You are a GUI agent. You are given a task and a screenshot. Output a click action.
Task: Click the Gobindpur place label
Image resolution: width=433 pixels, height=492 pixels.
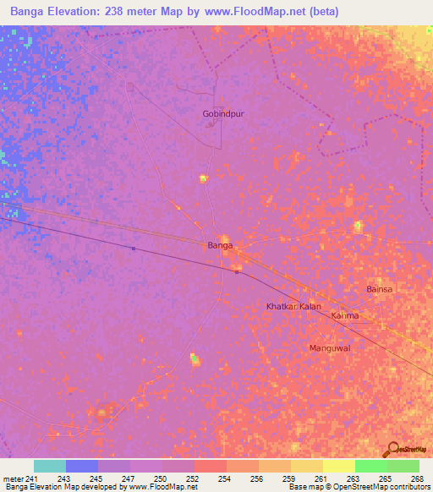(x=222, y=113)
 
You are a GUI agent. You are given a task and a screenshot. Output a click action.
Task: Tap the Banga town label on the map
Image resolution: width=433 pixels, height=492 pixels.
(x=220, y=246)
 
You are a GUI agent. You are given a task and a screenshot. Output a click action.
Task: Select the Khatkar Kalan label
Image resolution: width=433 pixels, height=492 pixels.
(x=293, y=306)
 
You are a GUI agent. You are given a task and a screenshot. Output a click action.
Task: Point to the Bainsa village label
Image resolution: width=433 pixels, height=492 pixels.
(x=380, y=289)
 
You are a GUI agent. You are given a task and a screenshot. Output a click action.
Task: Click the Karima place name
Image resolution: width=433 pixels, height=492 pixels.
(x=345, y=316)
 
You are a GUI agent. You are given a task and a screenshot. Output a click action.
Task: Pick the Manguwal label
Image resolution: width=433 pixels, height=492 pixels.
(x=330, y=347)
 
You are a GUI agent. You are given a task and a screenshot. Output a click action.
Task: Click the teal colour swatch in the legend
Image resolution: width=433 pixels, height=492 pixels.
(x=50, y=466)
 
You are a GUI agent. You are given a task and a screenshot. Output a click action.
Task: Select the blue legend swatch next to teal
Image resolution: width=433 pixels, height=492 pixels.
(x=82, y=466)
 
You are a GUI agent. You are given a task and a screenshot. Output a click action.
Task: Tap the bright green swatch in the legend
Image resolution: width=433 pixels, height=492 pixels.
(x=370, y=466)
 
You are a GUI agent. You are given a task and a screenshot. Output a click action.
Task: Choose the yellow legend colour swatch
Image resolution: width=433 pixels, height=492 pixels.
(x=338, y=466)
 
